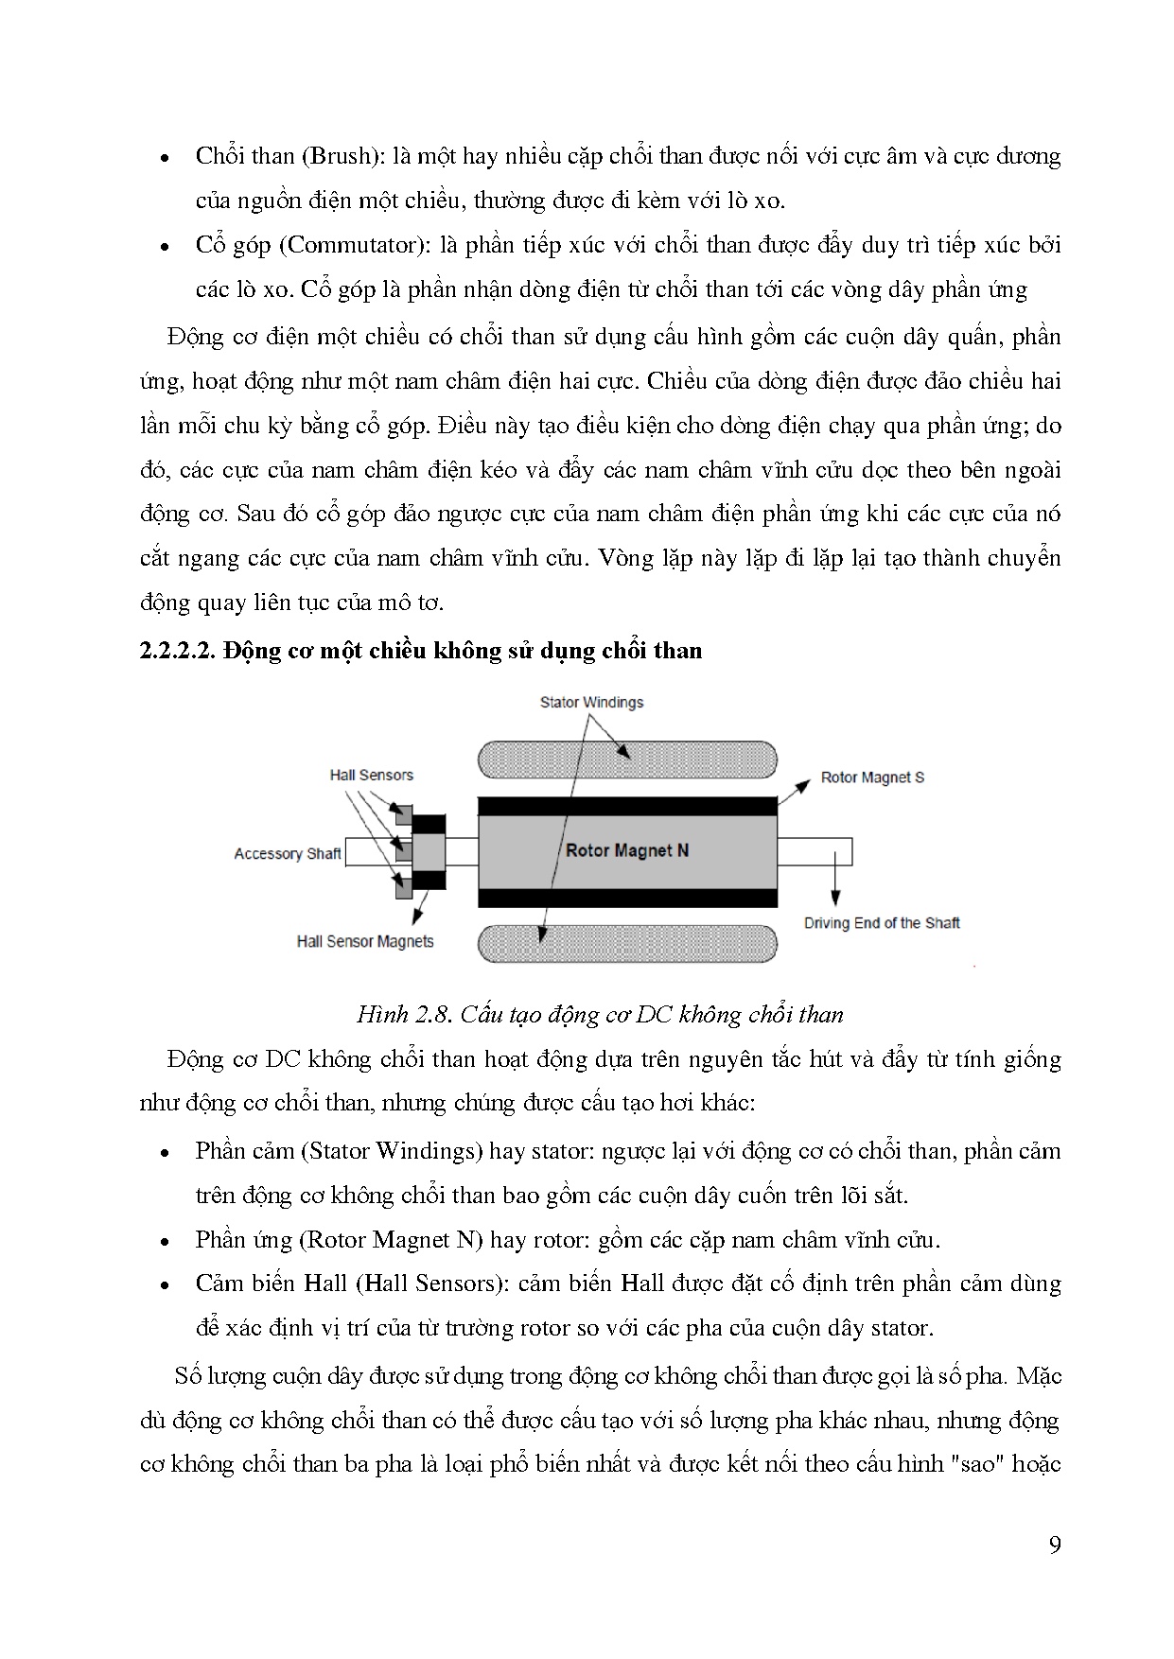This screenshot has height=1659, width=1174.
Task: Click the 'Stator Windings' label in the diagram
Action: point(591,703)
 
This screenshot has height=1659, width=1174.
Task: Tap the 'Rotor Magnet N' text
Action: point(626,850)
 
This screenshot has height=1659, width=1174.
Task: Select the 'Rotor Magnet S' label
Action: point(872,777)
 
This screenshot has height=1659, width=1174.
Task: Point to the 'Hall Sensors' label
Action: point(371,775)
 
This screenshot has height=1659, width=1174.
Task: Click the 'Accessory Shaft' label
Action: point(287,854)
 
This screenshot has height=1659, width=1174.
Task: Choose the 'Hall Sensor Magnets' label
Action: point(364,941)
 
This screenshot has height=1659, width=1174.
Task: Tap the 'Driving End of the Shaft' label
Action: point(882,922)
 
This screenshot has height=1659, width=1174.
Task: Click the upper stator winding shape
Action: point(627,760)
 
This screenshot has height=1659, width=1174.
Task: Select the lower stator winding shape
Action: point(627,943)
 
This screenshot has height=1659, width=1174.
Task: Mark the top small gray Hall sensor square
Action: point(403,814)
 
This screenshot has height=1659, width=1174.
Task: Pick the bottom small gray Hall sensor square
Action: point(403,888)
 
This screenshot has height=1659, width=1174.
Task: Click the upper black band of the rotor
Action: point(627,807)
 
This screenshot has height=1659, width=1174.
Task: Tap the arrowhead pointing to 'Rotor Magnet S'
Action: point(805,782)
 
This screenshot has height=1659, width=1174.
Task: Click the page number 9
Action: point(1055,1545)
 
